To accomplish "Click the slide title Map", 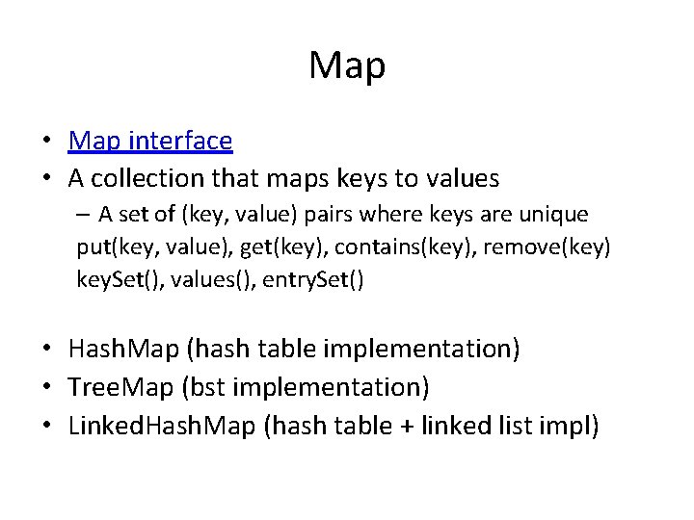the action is point(347,65).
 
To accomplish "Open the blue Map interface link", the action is point(150,141).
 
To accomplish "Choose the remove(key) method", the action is point(547,247).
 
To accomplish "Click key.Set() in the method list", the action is point(118,280).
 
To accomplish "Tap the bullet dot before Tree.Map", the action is point(47,388).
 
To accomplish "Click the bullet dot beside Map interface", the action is point(47,142).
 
